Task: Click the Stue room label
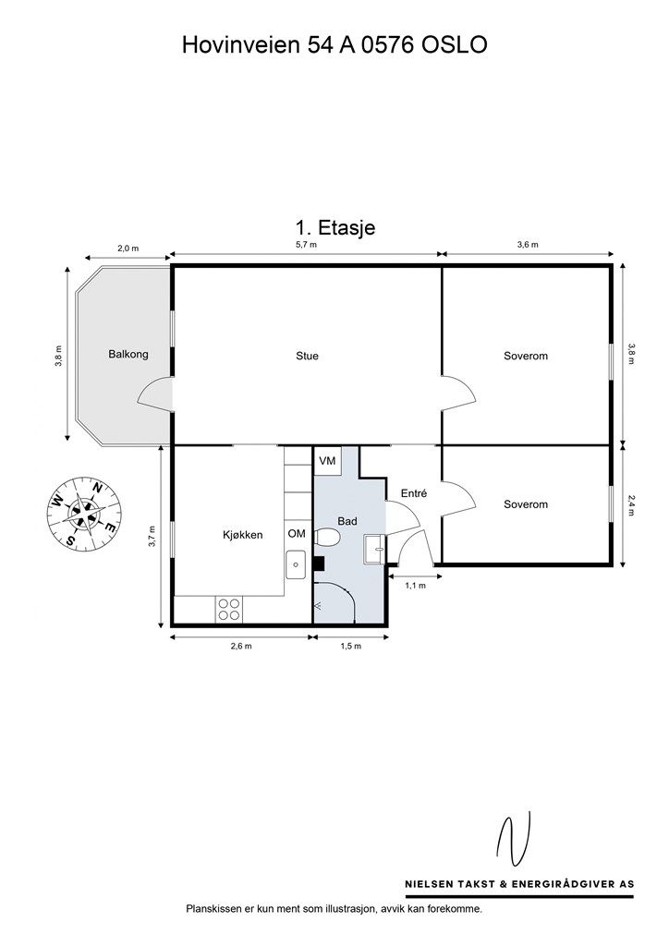(x=307, y=356)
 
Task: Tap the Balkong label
(x=128, y=354)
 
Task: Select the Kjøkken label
(x=242, y=535)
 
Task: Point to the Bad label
(x=347, y=521)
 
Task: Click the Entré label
(x=414, y=493)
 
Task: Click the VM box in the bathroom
(x=327, y=461)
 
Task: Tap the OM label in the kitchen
(x=297, y=534)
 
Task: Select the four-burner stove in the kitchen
(x=228, y=609)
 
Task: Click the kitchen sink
(x=296, y=564)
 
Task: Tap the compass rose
(x=84, y=513)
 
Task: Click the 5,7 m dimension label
(x=306, y=245)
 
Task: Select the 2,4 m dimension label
(x=632, y=505)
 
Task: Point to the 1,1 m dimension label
(x=415, y=585)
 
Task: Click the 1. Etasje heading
(x=334, y=228)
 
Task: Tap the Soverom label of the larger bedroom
(x=526, y=356)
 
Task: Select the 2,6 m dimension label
(x=240, y=646)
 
